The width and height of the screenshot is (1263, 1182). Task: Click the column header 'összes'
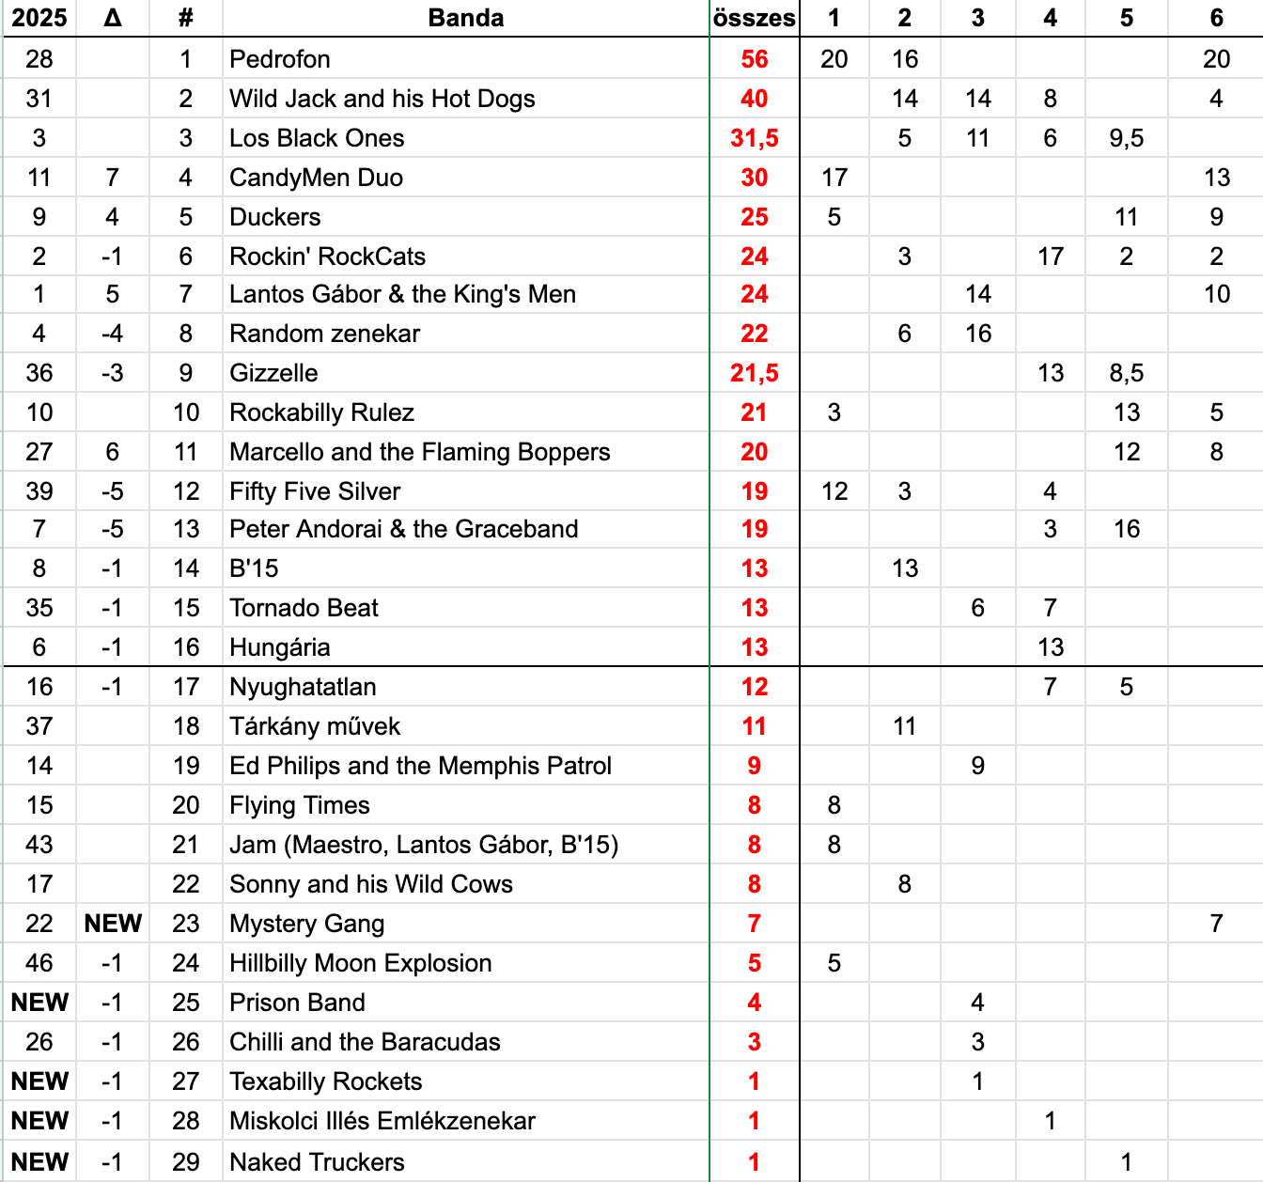pos(754,18)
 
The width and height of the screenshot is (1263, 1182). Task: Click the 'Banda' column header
pos(465,18)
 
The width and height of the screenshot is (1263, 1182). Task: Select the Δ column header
pos(113,18)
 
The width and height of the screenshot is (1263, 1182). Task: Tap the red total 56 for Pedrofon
pos(754,59)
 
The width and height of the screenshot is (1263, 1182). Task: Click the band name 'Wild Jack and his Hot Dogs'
pos(382,99)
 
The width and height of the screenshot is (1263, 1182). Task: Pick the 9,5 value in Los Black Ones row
pos(1126,138)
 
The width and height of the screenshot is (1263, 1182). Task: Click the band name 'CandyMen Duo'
pos(316,178)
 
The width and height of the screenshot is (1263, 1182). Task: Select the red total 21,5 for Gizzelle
pos(754,373)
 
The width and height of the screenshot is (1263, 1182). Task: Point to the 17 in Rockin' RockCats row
pos(1050,257)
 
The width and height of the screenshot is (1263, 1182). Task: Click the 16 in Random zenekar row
pos(977,334)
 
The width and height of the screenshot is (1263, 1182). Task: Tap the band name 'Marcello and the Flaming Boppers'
pos(419,452)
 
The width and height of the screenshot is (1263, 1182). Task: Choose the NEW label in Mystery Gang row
pos(113,924)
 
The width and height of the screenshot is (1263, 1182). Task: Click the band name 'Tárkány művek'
pos(315,726)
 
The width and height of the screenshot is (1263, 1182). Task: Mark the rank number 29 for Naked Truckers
pos(186,1162)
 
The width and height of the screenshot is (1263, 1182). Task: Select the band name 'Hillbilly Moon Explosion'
pos(360,963)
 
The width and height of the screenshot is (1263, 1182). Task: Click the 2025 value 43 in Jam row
pos(39,845)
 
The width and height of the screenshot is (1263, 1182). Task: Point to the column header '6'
pos(1216,18)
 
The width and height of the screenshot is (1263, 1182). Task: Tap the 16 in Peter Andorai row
pos(1126,529)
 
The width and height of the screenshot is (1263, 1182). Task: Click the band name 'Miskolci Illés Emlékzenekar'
pos(382,1121)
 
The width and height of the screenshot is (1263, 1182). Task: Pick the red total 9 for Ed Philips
pos(754,766)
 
